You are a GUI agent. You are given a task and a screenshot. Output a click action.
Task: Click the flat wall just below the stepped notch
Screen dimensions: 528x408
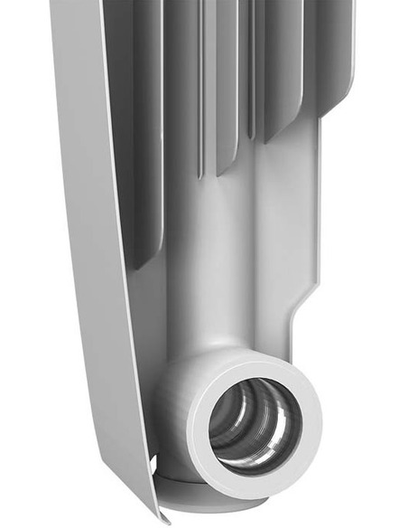pyautogui.click(x=302, y=348)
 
